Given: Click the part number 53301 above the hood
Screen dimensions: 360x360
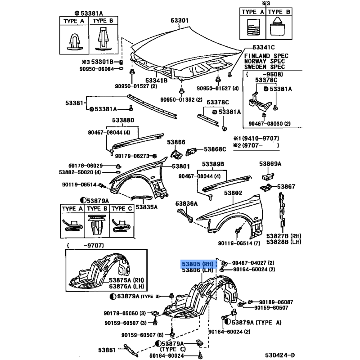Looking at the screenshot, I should pos(180,21).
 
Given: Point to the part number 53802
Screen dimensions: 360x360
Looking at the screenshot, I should pos(234,193).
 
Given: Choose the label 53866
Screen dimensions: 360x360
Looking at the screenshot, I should pos(176,142).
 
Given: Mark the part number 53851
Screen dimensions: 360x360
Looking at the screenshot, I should pos(108,350).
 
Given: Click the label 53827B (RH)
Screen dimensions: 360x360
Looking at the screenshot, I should pos(283,236).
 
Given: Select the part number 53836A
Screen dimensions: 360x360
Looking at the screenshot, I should pos(187,203).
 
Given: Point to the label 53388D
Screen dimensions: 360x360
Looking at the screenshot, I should pos(123,120).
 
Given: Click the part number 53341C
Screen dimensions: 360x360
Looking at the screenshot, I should pos(263,47).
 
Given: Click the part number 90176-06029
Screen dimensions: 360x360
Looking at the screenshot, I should pos(85,166).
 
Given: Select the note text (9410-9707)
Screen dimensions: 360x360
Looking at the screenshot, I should pos(259,139).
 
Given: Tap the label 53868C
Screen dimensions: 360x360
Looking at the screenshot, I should pos(215,149).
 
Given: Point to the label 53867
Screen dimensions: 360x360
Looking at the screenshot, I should pos(286,186).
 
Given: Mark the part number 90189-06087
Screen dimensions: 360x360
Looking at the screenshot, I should pos(276,302).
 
